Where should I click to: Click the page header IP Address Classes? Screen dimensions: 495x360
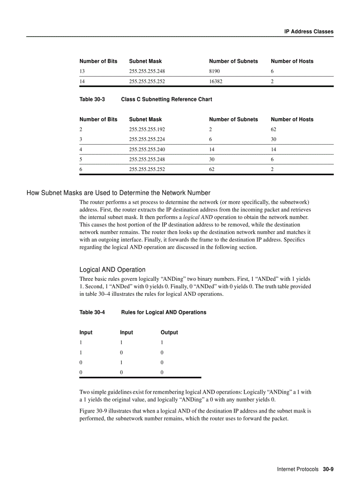pos(308,32)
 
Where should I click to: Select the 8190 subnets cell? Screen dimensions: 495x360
pos(214,71)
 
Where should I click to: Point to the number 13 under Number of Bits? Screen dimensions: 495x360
pos(82,71)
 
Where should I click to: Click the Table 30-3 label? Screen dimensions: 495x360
pos(92,100)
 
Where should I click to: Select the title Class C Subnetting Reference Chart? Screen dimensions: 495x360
pos(166,100)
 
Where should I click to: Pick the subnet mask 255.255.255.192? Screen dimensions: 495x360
pos(147,130)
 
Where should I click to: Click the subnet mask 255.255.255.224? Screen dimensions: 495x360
pos(147,139)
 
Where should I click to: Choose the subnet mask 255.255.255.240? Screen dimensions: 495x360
pos(147,149)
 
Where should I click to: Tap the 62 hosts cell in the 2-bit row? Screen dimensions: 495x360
pos(274,130)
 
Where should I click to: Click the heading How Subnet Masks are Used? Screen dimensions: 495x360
pos(118,193)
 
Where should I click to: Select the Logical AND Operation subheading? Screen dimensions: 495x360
pos(112,270)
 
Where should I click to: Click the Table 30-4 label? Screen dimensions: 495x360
pos(92,313)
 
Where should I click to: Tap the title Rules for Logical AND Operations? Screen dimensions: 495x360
pos(163,313)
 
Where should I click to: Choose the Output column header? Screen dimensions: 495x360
pos(169,332)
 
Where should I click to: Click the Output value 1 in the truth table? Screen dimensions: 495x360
pos(162,342)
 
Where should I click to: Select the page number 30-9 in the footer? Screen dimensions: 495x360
pos(328,469)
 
